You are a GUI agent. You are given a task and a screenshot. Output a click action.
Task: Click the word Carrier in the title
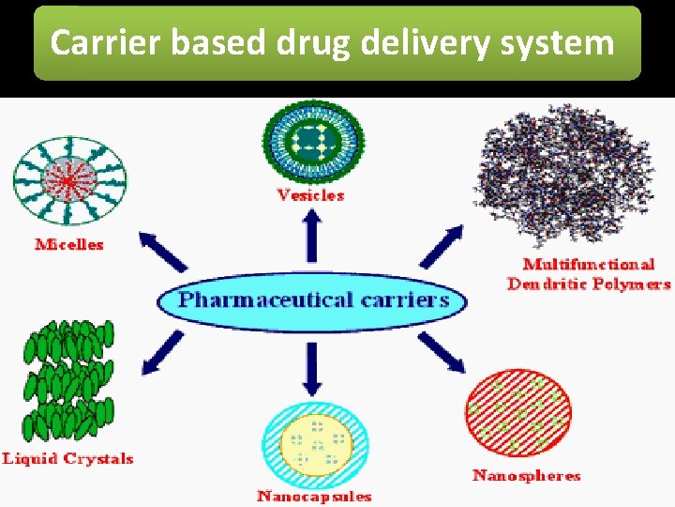tap(95, 43)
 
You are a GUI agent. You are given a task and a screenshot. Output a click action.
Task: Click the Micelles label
tap(69, 244)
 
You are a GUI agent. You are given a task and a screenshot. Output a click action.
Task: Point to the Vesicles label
tap(310, 195)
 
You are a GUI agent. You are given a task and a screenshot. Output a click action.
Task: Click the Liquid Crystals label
tap(67, 459)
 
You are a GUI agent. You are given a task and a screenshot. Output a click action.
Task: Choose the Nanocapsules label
tap(314, 496)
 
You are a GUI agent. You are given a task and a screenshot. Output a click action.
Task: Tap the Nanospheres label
tap(527, 476)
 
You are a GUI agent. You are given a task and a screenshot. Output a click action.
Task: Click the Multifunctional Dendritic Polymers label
tap(589, 274)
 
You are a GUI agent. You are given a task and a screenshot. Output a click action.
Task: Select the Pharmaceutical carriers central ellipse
tap(312, 300)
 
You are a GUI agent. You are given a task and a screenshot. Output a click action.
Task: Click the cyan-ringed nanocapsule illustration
tap(313, 440)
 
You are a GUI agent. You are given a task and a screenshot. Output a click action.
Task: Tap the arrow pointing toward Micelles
tap(165, 253)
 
